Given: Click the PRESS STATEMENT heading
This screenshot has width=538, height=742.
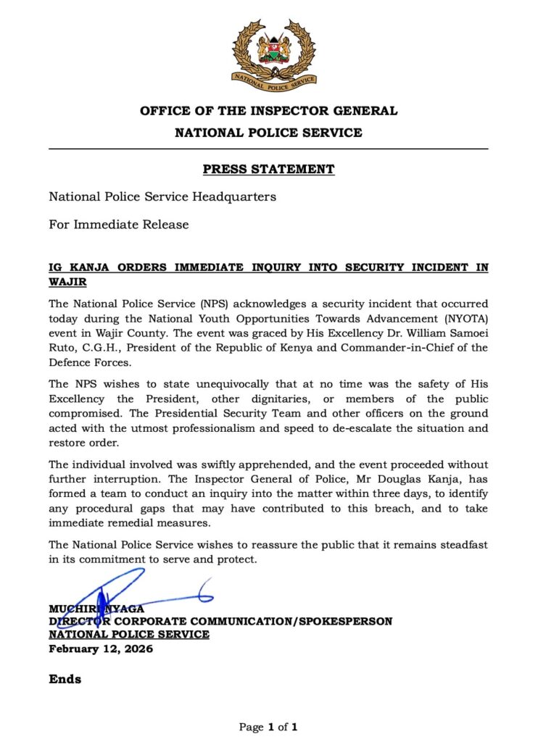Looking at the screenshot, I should [268, 170].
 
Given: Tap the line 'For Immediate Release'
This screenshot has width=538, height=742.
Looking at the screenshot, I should [119, 225].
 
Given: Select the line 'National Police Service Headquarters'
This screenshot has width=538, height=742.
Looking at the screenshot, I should [162, 196].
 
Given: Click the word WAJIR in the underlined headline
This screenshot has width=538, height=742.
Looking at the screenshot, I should [72, 280].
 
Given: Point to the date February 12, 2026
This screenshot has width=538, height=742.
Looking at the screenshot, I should [101, 649].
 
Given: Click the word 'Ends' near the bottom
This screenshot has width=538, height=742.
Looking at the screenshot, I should [65, 680].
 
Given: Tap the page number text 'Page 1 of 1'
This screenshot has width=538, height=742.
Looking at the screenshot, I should [268, 726].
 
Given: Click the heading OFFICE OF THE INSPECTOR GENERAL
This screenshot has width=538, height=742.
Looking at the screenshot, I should [268, 112].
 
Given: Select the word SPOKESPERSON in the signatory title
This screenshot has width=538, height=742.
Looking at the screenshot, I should [344, 621].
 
